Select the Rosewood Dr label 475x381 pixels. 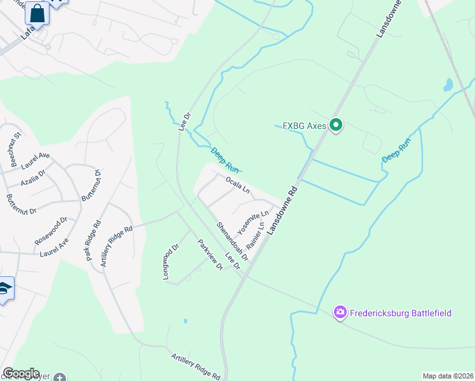pos(51,232)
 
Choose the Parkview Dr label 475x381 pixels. pos(210,255)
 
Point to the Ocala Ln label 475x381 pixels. pos(237,185)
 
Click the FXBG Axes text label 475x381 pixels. pos(304,126)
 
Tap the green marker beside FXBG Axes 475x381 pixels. pos(336,126)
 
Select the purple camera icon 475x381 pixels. pos(340,312)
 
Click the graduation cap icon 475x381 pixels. pos(5,290)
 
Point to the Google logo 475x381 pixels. pos(21,373)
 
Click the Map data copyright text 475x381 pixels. pos(447,376)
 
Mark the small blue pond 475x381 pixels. pos(449,84)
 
